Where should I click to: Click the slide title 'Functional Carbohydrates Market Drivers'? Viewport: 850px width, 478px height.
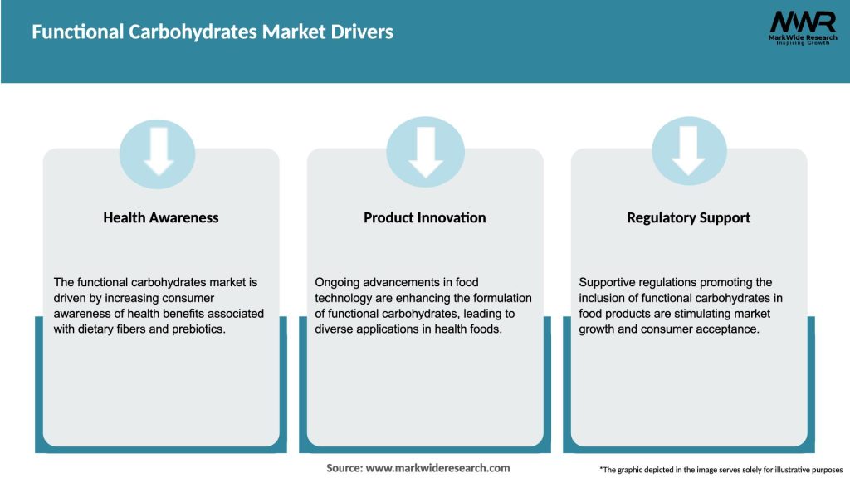point(212,32)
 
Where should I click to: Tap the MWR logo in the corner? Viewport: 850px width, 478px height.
point(802,22)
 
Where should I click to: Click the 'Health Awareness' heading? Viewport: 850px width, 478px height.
point(161,217)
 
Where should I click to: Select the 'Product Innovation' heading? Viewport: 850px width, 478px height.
point(424,217)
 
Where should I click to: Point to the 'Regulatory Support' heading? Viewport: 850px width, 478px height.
point(688,217)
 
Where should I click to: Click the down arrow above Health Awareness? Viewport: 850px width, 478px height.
point(159,151)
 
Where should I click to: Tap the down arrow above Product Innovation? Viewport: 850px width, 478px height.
point(425,151)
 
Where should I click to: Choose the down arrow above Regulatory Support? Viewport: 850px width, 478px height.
point(689,151)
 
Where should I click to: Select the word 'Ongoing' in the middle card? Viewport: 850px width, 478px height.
point(339,283)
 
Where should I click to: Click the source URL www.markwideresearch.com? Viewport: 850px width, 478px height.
point(438,468)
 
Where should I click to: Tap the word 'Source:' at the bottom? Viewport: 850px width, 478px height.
point(344,468)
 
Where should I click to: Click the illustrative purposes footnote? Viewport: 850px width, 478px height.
point(721,470)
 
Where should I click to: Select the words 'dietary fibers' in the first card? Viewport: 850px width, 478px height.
point(117,329)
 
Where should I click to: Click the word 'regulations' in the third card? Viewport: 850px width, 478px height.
point(670,283)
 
